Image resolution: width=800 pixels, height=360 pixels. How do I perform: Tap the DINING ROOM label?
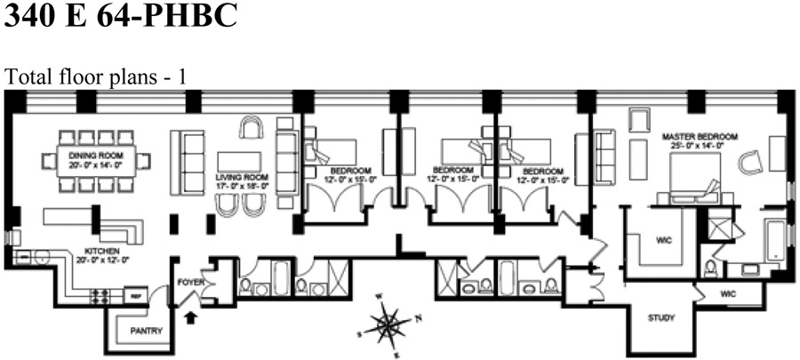tap(93, 155)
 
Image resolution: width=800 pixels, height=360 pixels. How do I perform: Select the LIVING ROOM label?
tap(241, 178)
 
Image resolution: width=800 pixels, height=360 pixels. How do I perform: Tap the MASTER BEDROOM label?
tap(694, 137)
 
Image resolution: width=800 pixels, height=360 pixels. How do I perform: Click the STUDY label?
tap(660, 317)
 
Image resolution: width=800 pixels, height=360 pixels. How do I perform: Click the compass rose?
tap(387, 324)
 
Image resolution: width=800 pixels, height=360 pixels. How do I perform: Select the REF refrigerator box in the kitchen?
tap(137, 295)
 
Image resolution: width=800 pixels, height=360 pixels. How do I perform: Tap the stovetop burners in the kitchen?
tap(99, 294)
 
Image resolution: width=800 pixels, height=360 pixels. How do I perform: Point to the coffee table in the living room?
tap(240, 160)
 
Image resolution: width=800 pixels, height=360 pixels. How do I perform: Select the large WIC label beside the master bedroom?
tap(662, 238)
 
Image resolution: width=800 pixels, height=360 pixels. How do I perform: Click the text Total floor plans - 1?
tap(96, 77)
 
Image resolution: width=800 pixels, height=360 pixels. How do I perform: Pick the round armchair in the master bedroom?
tap(751, 163)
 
